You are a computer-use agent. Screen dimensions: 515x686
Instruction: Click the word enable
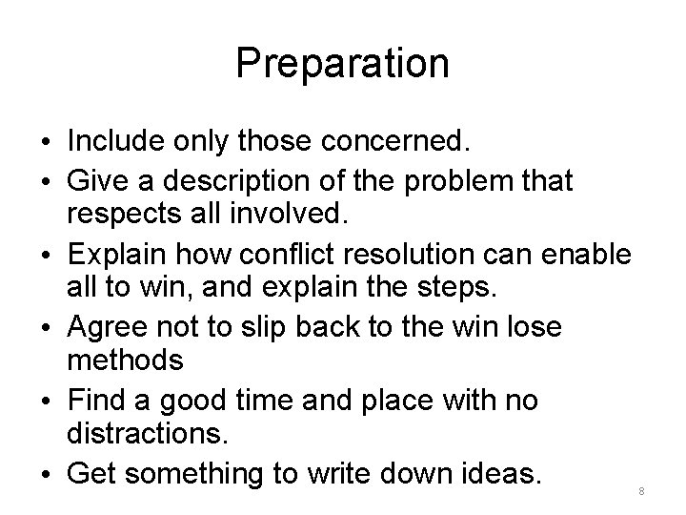(x=590, y=256)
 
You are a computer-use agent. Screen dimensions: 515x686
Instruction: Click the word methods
(x=126, y=360)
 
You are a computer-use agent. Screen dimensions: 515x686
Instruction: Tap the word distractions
(x=148, y=437)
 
